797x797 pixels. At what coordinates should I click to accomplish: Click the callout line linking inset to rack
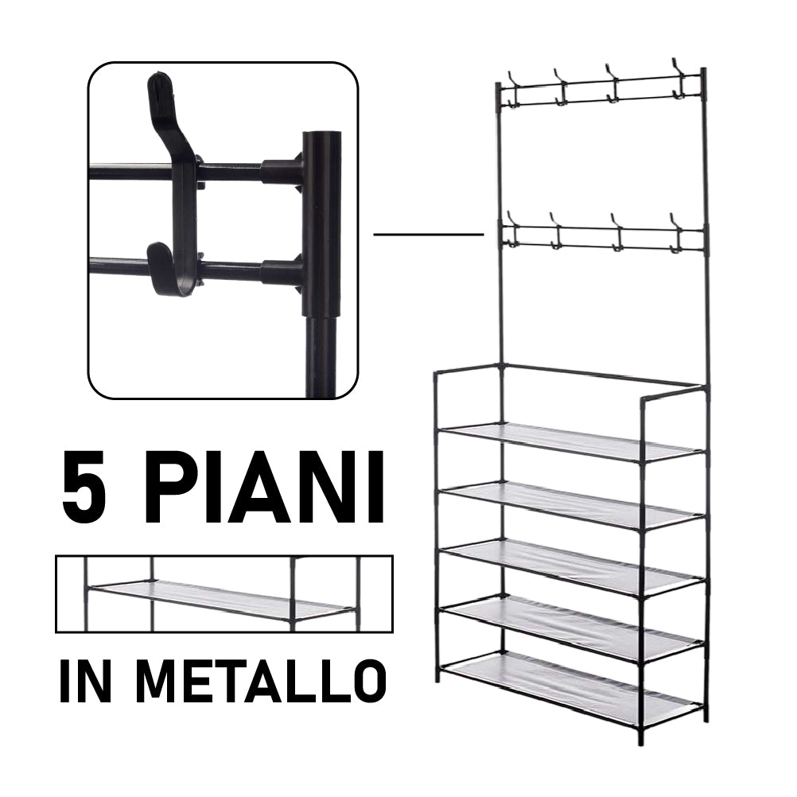point(428,235)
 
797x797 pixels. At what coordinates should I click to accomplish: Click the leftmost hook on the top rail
point(512,85)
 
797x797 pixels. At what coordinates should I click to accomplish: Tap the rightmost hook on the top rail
point(678,78)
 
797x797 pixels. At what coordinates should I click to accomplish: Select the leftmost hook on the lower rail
point(512,232)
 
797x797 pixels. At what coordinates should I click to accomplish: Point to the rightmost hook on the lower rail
point(677,231)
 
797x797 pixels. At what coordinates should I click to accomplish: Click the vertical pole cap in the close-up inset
point(321,143)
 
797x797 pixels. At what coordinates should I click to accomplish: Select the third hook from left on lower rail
point(617,231)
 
